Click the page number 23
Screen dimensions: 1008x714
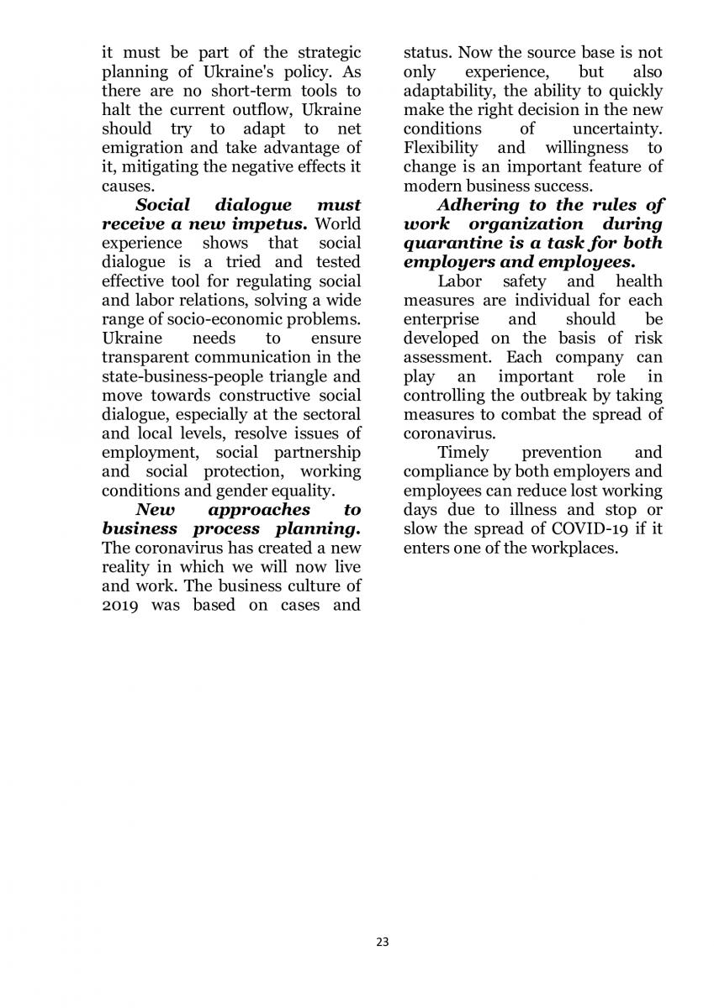pyautogui.click(x=383, y=942)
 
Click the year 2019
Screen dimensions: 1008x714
pyautogui.click(x=120, y=606)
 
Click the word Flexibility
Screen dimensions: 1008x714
pyautogui.click(x=441, y=148)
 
